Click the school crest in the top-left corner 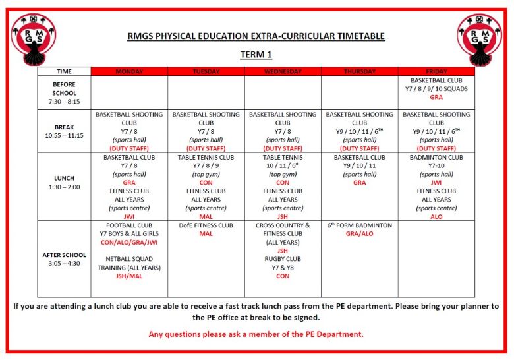click(x=34, y=39)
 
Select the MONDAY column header click(x=129, y=71)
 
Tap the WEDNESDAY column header click(x=283, y=71)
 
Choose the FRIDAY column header click(x=436, y=71)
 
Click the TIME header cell click(x=64, y=71)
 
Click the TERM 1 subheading click(x=256, y=55)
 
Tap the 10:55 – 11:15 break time click(x=64, y=135)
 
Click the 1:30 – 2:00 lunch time click(x=64, y=187)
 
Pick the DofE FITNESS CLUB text click(x=206, y=225)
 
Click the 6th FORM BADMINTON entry click(x=359, y=225)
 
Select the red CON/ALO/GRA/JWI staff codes click(x=129, y=243)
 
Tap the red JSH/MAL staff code click(x=129, y=276)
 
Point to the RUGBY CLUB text click(x=283, y=259)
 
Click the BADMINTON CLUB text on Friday click(x=436, y=158)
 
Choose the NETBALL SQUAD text click(x=129, y=259)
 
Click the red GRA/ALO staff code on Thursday click(x=359, y=234)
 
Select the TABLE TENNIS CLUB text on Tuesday click(x=206, y=158)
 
